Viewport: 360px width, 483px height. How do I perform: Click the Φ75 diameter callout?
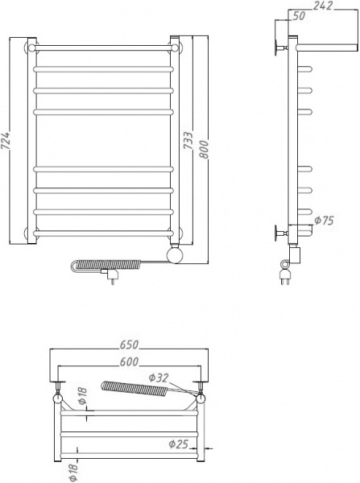click(x=323, y=220)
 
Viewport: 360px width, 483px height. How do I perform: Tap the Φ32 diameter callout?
click(x=159, y=377)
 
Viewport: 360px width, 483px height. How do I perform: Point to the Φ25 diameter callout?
click(x=179, y=442)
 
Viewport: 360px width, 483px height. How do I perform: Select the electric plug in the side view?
click(x=285, y=279)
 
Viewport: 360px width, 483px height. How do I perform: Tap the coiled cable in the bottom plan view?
click(x=133, y=391)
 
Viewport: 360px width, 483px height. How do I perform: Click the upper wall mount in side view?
click(x=279, y=47)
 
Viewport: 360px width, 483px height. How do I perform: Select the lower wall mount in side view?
click(x=279, y=234)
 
